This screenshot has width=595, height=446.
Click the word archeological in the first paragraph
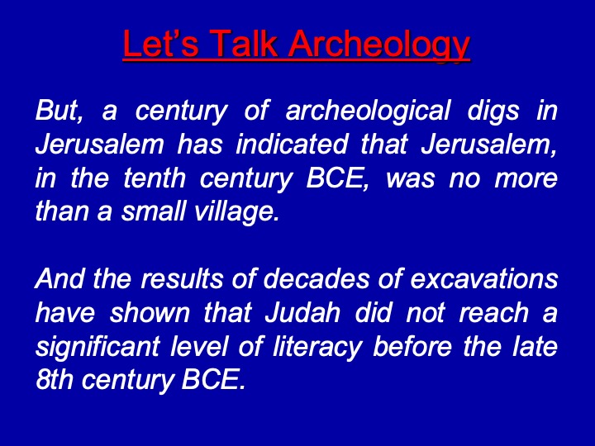(368, 111)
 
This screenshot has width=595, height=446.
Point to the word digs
(493, 111)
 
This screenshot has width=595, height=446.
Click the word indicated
(292, 144)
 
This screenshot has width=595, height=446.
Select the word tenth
(155, 178)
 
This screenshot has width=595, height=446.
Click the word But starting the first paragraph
(59, 111)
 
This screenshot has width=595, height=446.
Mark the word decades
(316, 279)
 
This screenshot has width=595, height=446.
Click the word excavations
(483, 279)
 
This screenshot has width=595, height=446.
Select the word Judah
(302, 312)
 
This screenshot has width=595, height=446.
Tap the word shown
(150, 312)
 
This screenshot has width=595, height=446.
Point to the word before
(412, 346)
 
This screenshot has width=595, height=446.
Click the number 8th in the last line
(55, 379)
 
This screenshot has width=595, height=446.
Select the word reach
(493, 312)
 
